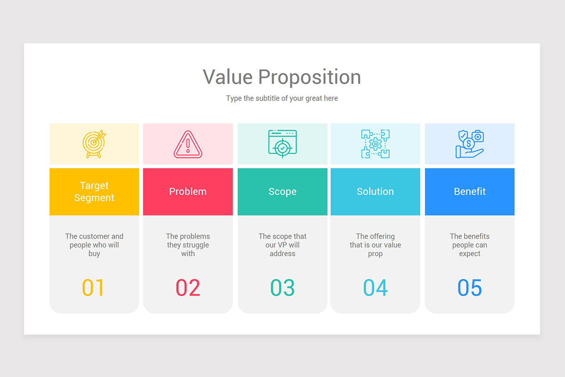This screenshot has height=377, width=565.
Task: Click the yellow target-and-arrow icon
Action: [x=94, y=144]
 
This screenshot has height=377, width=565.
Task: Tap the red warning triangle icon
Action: [x=188, y=144]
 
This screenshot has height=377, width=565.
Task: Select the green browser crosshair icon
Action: [x=282, y=144]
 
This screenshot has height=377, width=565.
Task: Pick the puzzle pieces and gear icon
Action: [x=375, y=144]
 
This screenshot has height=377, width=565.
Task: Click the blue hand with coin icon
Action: [x=470, y=144]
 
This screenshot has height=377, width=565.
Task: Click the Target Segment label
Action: [x=94, y=192]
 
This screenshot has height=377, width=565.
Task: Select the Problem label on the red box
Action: [x=188, y=191]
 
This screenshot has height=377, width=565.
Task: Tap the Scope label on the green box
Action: [x=282, y=192]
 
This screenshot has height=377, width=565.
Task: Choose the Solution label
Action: [x=375, y=191]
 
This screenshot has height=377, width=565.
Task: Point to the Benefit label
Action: [x=470, y=191]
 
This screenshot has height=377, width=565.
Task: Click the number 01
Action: [x=93, y=287]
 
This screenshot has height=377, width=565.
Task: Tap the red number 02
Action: [x=188, y=287]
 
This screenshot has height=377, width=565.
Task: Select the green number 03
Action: [x=282, y=287]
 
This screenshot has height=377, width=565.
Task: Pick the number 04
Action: [x=375, y=287]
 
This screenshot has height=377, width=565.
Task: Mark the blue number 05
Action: [x=470, y=287]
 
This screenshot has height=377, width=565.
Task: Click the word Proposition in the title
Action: [x=309, y=78]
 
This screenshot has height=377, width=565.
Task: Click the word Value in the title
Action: [x=228, y=77]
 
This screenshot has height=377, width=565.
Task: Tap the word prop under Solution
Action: [x=375, y=254]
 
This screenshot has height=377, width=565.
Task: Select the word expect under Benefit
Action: [x=470, y=254]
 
